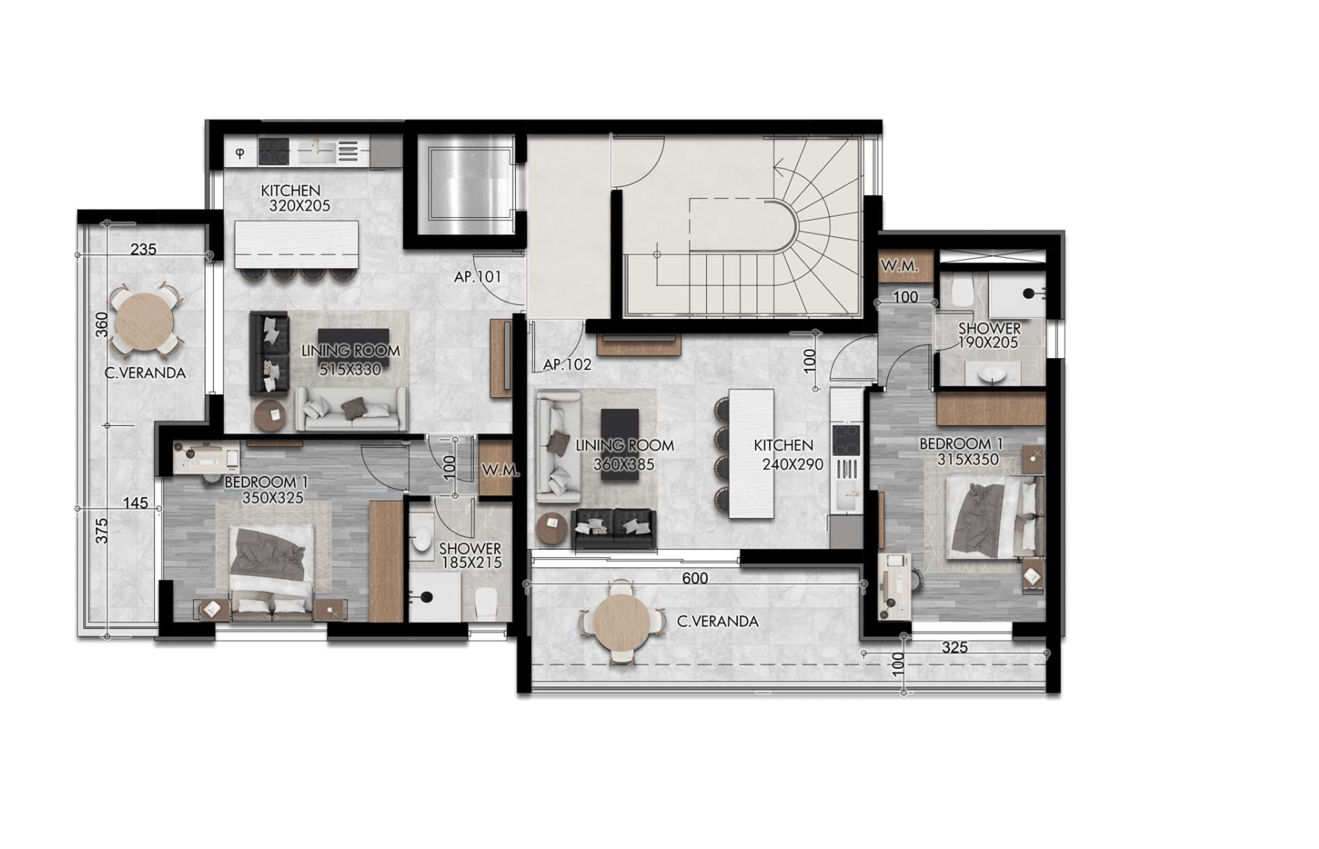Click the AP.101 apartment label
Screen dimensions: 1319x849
(x=478, y=277)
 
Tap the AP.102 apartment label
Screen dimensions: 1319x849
(x=567, y=365)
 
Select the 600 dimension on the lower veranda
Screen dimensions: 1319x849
(x=695, y=578)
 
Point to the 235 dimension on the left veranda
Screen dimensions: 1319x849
(x=143, y=250)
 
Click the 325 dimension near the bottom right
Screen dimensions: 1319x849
(x=954, y=647)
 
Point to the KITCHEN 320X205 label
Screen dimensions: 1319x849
(x=295, y=199)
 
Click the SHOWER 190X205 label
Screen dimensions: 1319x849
(x=989, y=335)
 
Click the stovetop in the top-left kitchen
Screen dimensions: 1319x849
(x=273, y=152)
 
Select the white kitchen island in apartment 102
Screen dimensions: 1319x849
(x=751, y=453)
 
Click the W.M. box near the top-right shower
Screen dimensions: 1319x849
(x=899, y=267)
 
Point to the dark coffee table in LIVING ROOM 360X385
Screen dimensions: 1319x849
(x=619, y=444)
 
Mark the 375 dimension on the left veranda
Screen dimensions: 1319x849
(x=102, y=531)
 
